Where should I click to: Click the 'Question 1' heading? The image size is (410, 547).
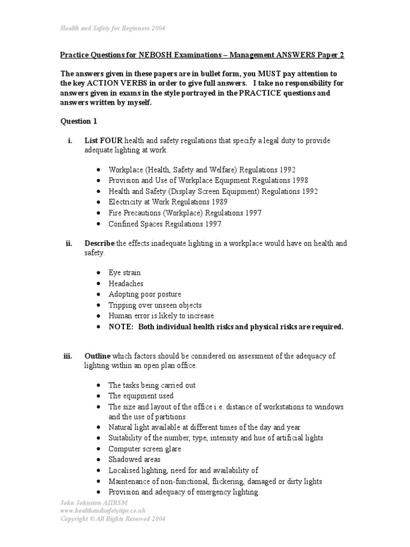click(x=75, y=121)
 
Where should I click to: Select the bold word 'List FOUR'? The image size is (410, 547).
click(x=104, y=140)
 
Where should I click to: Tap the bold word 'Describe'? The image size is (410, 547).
click(x=99, y=244)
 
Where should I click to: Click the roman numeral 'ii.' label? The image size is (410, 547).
click(x=69, y=244)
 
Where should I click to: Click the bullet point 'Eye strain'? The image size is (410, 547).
click(x=124, y=272)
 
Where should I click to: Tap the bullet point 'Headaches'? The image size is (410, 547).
click(x=125, y=284)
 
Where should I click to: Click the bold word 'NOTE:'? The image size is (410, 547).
click(x=121, y=326)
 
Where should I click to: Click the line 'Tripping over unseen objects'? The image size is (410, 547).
click(x=155, y=305)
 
